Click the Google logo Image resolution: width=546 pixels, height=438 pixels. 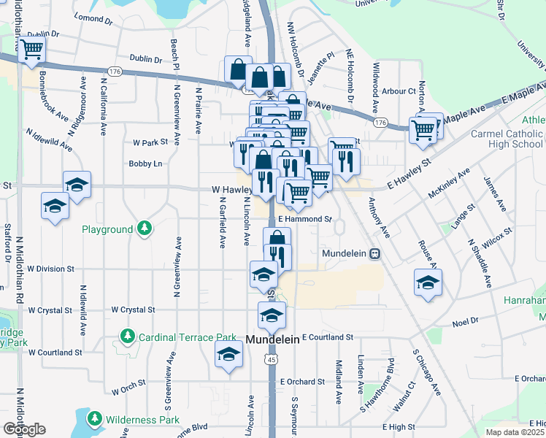tap(23, 429)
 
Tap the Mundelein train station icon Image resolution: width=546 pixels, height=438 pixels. tap(374, 254)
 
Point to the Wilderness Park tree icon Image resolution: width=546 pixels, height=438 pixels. tap(94, 419)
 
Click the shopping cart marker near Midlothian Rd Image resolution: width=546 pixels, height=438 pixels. tap(31, 50)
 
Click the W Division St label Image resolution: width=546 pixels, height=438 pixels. tap(50, 269)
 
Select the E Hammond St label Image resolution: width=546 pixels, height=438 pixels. tap(304, 218)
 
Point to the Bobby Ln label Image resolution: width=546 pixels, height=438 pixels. tap(145, 164)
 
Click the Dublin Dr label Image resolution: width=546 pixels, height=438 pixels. tap(145, 59)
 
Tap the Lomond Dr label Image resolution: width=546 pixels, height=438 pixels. tap(93, 18)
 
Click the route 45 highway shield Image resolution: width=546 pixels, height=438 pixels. tap(272, 359)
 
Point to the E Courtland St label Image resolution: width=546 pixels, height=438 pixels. tap(327, 337)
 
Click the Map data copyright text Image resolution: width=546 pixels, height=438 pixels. tap(515, 432)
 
